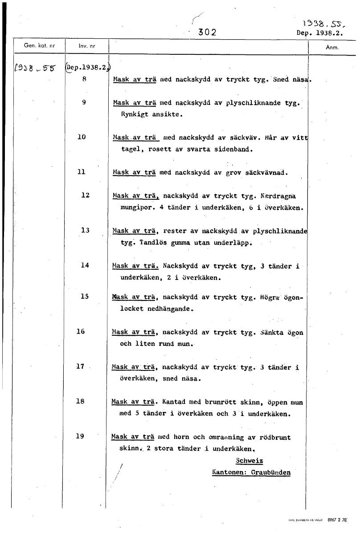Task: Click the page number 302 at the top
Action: tap(207, 32)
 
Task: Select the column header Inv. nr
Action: tap(86, 46)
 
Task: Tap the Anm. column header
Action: tap(332, 47)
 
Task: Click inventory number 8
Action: tap(84, 78)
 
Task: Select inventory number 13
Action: tap(85, 230)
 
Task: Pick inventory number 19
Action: tap(80, 436)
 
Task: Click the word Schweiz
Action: tap(249, 461)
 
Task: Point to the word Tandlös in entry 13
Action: tap(152, 243)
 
